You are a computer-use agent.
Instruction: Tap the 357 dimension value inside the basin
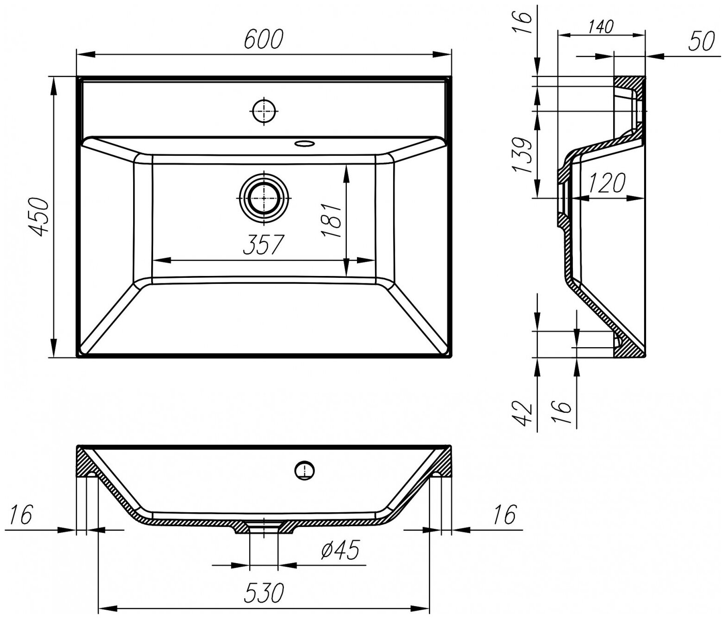point(262,245)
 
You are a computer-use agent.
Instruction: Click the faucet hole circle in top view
point(264,111)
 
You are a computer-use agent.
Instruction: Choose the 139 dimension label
point(523,155)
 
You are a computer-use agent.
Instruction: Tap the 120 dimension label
point(606,184)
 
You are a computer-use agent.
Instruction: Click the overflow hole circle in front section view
point(304,471)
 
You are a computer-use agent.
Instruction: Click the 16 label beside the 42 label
point(561,407)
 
